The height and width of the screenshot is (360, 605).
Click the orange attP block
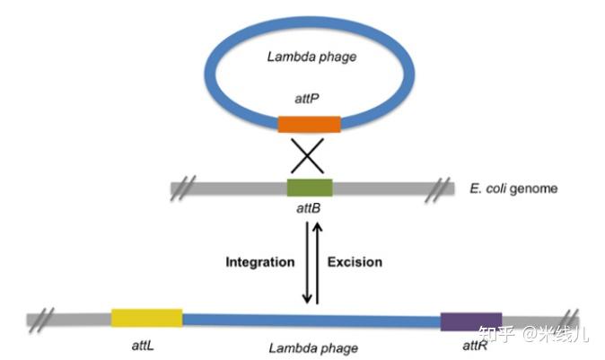point(310,124)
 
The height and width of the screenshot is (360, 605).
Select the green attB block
point(310,188)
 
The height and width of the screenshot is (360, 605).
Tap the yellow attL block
point(146,318)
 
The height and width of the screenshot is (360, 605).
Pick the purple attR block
point(471,321)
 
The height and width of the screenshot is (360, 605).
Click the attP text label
point(307,99)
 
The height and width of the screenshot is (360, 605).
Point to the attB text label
point(308,208)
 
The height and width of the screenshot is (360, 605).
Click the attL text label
point(143,346)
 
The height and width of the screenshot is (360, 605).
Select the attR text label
point(475,346)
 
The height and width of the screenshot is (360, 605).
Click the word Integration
point(260,262)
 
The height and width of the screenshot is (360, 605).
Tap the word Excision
point(355,262)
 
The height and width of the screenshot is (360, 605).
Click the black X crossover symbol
point(308,156)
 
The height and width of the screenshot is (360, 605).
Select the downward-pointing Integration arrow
point(307,263)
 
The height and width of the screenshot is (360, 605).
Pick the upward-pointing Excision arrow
point(317,263)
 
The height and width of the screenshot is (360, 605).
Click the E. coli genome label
point(513,189)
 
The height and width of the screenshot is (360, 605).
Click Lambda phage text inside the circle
point(311,57)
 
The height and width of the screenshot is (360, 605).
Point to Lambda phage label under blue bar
point(313,348)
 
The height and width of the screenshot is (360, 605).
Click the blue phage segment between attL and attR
point(311,320)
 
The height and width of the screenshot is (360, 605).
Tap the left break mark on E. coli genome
point(183,188)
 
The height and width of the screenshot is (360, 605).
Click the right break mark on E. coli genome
point(437,189)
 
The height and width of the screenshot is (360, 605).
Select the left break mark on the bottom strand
point(41,320)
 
